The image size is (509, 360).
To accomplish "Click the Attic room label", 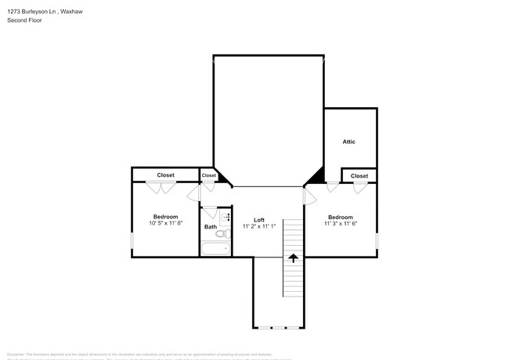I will click(348, 142).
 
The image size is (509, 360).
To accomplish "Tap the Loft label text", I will click(258, 220).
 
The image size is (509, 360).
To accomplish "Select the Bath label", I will click(211, 227).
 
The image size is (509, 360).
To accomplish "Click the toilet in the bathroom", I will click(222, 232).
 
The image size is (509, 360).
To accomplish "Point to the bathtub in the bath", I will click(216, 249).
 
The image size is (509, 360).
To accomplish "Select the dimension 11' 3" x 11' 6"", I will click(340, 224).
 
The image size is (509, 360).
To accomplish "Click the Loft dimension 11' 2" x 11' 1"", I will click(259, 226).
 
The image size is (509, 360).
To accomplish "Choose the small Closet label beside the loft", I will click(208, 175).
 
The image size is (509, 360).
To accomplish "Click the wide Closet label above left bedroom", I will click(165, 175).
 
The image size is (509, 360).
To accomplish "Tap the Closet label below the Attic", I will click(359, 176).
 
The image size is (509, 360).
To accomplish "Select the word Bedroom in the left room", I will click(165, 217).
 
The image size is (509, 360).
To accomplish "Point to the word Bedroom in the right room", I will click(340, 217).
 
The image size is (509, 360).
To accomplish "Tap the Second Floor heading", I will click(25, 20).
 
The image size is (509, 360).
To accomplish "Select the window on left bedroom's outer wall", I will click(132, 240).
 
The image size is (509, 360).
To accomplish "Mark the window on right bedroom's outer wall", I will click(377, 239).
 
